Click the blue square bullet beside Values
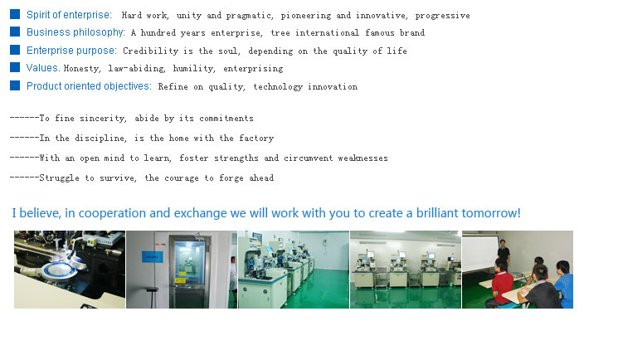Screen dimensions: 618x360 tap(15, 67)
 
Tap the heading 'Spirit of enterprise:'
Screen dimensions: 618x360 tap(69, 15)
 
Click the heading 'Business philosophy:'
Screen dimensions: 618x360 tap(75, 32)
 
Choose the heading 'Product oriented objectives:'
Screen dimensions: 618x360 tap(89, 86)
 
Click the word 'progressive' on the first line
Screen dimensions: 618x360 tap(443, 16)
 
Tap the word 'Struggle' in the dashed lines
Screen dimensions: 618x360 tap(59, 178)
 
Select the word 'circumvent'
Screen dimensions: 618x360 tap(309, 158)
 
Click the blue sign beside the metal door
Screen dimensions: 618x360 tap(152, 256)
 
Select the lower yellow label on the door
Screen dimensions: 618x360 tap(180, 280)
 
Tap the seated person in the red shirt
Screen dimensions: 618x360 tap(499, 283)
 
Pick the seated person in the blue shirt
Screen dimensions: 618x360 tap(564, 284)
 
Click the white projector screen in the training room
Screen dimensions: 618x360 tap(479, 251)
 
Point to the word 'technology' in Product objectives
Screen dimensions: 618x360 tap(278, 87)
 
